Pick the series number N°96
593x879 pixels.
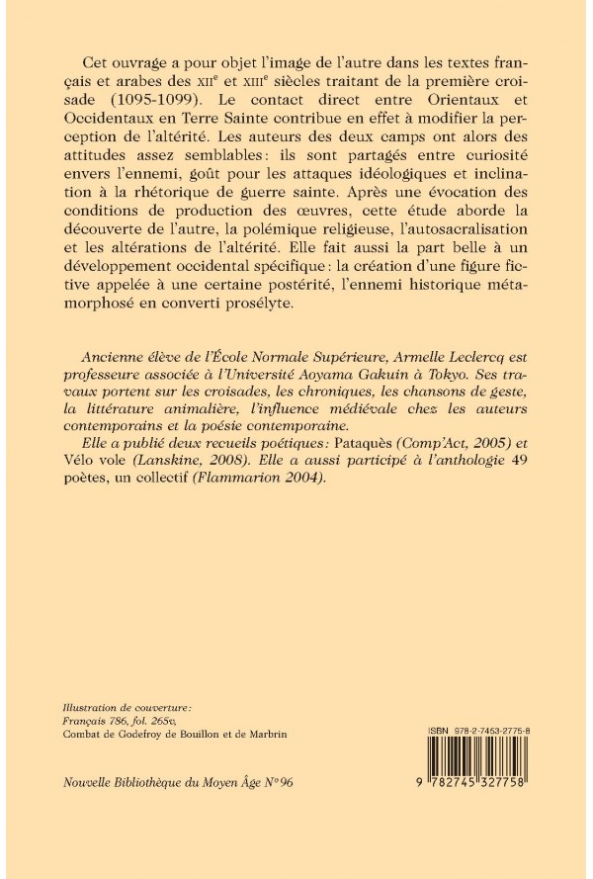[x=277, y=782]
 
